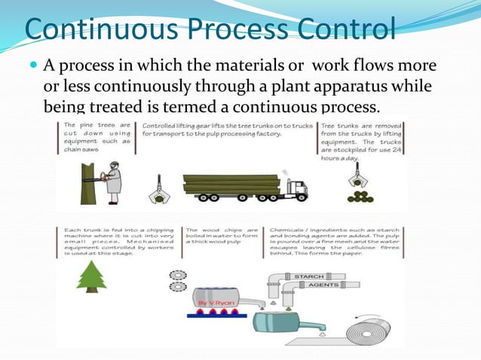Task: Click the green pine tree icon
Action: [x=90, y=276]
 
